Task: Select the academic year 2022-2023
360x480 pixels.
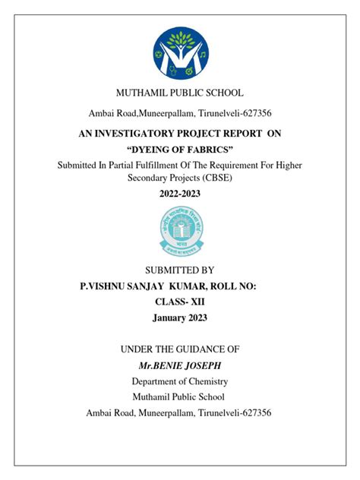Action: (x=180, y=194)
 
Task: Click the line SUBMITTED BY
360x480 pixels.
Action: (x=179, y=270)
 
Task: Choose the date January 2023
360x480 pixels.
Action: (x=179, y=318)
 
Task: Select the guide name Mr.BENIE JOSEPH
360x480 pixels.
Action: (x=179, y=366)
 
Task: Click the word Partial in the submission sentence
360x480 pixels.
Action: (x=132, y=165)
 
